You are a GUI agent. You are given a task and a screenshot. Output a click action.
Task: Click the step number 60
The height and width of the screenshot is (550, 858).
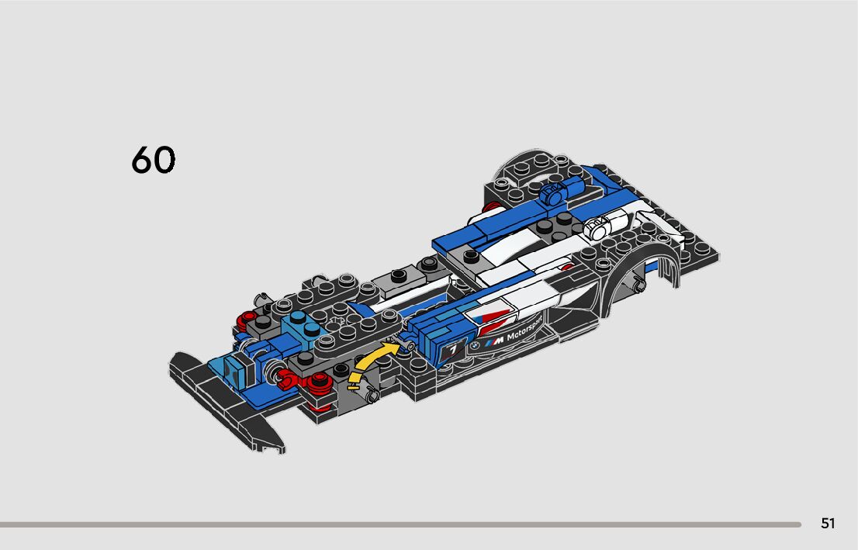(154, 159)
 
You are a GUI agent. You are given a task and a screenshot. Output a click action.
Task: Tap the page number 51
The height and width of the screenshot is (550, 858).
(828, 524)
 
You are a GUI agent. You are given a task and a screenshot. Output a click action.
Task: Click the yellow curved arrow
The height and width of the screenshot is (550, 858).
(371, 361)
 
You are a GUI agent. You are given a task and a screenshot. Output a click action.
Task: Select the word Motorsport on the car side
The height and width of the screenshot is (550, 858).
(524, 328)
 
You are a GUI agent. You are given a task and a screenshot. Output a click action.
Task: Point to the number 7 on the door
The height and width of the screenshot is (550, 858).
(453, 350)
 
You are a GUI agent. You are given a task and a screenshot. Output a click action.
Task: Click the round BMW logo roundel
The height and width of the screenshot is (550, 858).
(476, 345)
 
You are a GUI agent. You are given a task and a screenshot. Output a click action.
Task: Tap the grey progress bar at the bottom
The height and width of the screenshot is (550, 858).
(400, 524)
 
